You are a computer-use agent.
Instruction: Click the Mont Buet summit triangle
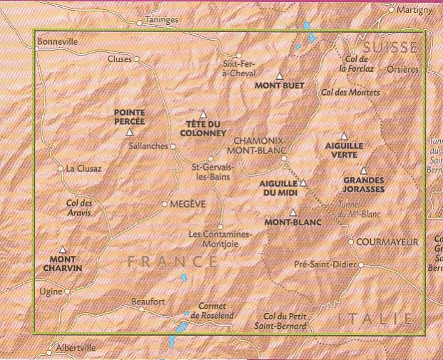280,76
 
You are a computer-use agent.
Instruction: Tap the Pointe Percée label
129,117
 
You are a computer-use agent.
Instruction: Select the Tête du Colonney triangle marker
203,114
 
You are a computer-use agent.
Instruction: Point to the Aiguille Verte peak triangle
344,135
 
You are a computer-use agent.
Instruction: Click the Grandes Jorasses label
364,185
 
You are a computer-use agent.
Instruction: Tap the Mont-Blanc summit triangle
293,212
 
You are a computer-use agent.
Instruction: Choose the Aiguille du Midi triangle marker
302,183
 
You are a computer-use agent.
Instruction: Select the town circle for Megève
165,204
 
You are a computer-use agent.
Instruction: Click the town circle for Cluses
138,60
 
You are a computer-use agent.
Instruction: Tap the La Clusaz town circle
60,169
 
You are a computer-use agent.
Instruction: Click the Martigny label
417,10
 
